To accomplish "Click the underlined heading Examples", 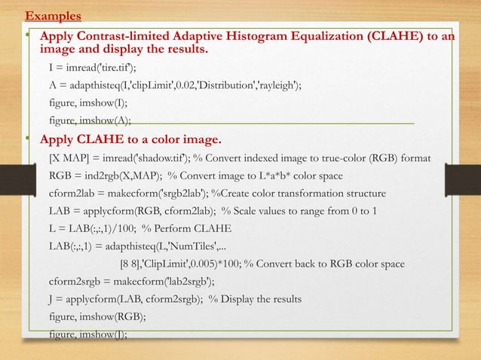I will point(54,15).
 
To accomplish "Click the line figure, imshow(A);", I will point(90,121).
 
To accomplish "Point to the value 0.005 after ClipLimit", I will point(209,264).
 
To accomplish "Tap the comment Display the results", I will point(261,300).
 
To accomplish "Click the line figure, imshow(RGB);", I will point(97,317).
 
